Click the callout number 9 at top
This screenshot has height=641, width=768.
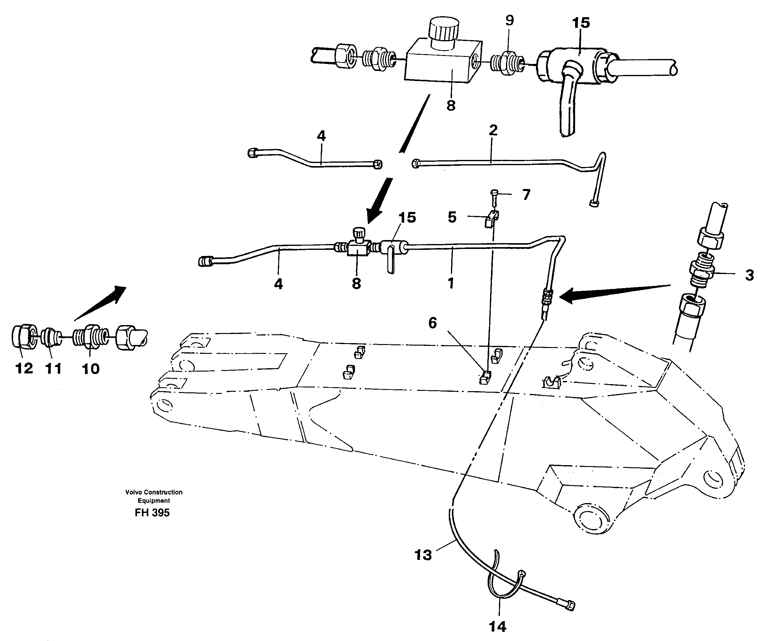[x=509, y=20]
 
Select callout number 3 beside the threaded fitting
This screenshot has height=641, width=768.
[x=749, y=275]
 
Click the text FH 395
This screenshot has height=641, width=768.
[x=152, y=513]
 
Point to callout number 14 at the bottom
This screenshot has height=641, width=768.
[x=497, y=627]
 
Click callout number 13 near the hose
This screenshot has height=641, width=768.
[x=423, y=555]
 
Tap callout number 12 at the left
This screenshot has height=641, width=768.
[x=24, y=368]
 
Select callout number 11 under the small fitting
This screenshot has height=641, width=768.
[x=54, y=368]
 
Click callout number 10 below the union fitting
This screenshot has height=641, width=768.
[x=91, y=369]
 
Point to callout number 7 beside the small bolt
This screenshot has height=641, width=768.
[x=526, y=195]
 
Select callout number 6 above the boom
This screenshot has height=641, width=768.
[x=432, y=323]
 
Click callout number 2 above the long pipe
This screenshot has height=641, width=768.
[x=493, y=130]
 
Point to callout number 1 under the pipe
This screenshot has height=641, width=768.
[x=451, y=283]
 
